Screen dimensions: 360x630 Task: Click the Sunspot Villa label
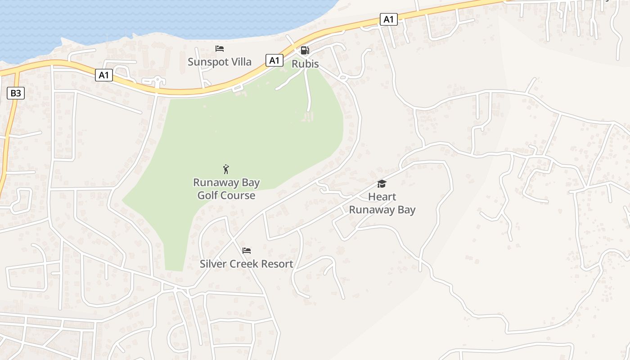(x=219, y=62)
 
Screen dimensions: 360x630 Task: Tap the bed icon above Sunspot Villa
(x=220, y=49)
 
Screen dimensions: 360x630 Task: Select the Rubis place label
(x=305, y=64)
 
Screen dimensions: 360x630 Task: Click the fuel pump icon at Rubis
(x=305, y=50)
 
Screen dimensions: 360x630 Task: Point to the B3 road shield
(x=16, y=93)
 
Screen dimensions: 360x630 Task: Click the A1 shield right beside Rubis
(x=274, y=60)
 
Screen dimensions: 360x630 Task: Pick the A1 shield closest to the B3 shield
(x=104, y=75)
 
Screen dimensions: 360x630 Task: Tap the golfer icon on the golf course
(x=226, y=169)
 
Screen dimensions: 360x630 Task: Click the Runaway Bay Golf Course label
(x=226, y=189)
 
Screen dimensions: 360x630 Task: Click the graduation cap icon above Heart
(x=382, y=184)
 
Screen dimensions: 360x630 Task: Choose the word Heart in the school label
(x=382, y=197)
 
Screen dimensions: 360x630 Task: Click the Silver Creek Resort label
(x=246, y=264)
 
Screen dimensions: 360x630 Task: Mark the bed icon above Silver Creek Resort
(x=247, y=251)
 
